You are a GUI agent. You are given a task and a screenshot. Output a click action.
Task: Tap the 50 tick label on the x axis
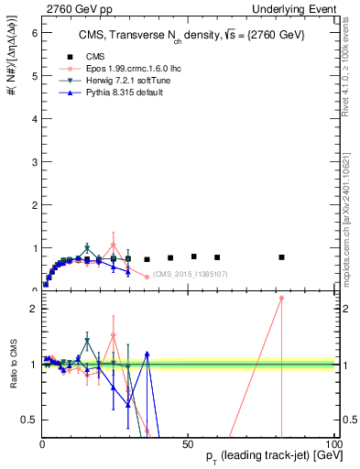tap(187, 443)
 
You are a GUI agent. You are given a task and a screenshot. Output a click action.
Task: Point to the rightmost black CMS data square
tap(282, 257)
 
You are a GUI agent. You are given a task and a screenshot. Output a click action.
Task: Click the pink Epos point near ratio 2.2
tap(282, 298)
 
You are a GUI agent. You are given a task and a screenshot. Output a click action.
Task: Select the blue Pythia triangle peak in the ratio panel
tap(147, 353)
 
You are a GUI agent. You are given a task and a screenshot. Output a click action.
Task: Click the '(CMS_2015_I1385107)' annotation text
tap(190, 274)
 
